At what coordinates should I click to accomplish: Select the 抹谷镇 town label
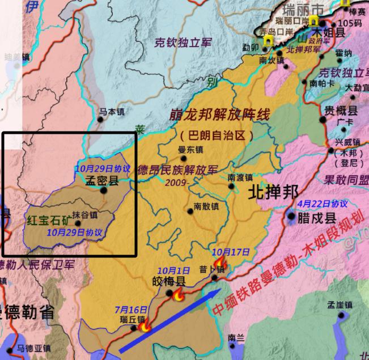(x=84, y=214)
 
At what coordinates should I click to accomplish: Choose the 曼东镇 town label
(x=190, y=150)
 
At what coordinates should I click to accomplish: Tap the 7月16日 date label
(x=131, y=310)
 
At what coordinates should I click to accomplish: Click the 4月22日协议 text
(x=322, y=204)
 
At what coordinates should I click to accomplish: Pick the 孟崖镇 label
(x=340, y=305)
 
